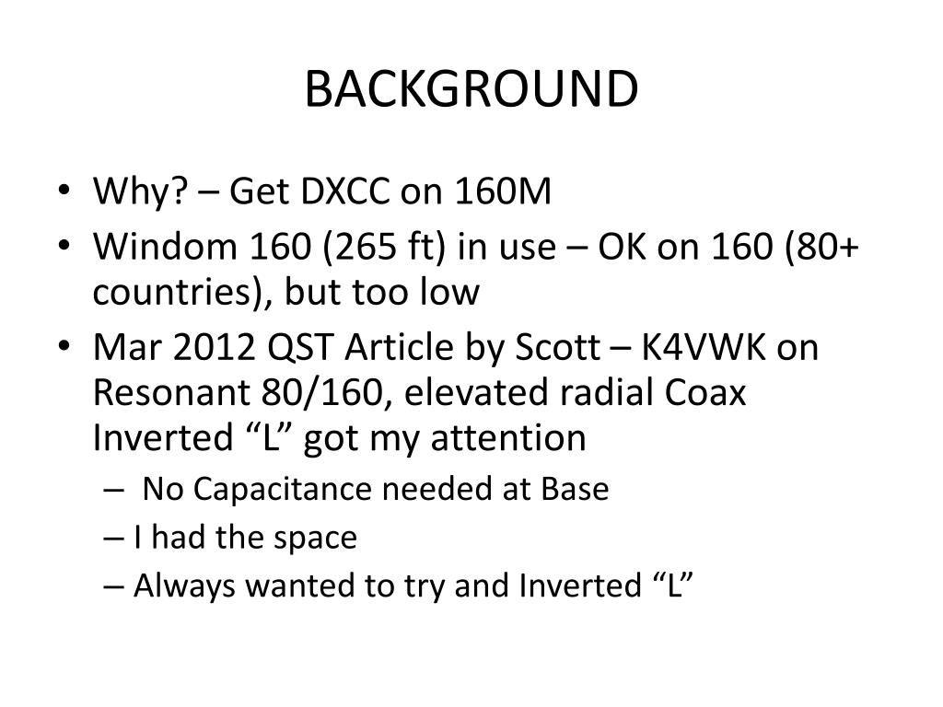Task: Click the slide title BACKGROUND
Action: [x=471, y=89]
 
